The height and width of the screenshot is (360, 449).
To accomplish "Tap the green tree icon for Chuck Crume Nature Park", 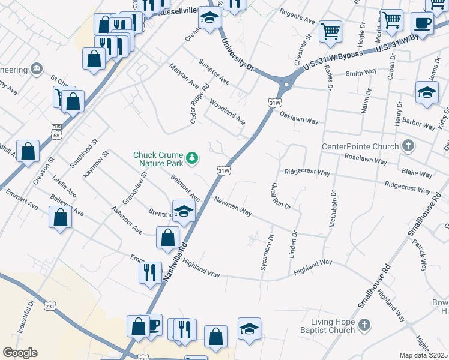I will point(192,158).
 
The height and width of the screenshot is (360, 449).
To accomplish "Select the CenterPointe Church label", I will point(360,146).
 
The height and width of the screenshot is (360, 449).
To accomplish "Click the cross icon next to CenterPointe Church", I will point(408,146).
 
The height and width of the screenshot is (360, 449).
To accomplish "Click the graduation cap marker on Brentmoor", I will point(184,210).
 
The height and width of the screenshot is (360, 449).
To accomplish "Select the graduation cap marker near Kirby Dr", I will point(427,92).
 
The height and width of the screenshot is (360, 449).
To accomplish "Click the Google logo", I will point(20,353).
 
